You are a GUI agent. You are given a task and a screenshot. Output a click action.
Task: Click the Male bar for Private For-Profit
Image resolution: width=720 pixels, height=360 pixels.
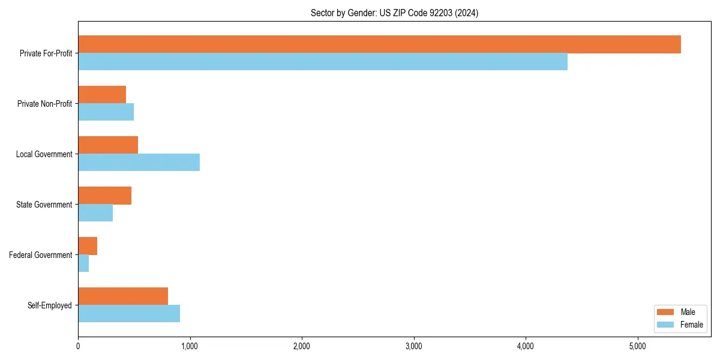coord(379,44)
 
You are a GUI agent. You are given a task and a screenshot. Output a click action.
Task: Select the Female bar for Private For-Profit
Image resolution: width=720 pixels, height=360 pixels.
coord(323,62)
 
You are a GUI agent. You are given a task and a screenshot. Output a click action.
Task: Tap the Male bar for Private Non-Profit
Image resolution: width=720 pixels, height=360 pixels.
coord(102,95)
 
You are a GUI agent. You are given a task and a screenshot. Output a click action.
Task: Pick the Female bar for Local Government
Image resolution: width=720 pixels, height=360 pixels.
coord(139,163)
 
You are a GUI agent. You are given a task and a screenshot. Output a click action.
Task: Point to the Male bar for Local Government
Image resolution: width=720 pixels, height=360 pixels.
coord(108,145)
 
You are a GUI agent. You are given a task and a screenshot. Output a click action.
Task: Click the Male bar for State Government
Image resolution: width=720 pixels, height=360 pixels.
coord(104,196)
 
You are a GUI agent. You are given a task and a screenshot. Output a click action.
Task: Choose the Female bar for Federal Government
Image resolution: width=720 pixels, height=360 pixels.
coord(83,263)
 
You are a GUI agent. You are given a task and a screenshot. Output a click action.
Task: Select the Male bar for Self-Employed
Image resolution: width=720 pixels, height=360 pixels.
coord(123,296)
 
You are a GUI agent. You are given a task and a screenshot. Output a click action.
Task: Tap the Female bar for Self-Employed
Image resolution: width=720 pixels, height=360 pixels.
coord(129,314)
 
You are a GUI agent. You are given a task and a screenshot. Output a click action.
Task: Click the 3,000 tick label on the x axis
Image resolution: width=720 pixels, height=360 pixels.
coord(413,346)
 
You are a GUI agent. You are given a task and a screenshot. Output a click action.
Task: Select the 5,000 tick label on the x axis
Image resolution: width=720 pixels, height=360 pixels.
coord(637,346)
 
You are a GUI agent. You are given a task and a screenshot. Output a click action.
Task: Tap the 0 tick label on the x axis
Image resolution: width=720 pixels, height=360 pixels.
coord(78,346)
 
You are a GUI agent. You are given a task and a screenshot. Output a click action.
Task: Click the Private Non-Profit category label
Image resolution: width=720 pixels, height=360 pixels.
coord(44,104)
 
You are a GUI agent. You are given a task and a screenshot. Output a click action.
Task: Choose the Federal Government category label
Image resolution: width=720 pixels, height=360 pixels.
coord(41,255)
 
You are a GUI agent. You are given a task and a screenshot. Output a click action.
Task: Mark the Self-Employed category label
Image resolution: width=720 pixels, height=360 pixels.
coord(50,305)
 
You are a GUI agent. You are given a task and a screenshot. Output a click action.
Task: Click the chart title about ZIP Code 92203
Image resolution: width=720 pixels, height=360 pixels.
coord(394,13)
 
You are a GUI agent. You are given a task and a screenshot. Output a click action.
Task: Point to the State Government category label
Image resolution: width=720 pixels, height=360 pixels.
coord(44,205)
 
